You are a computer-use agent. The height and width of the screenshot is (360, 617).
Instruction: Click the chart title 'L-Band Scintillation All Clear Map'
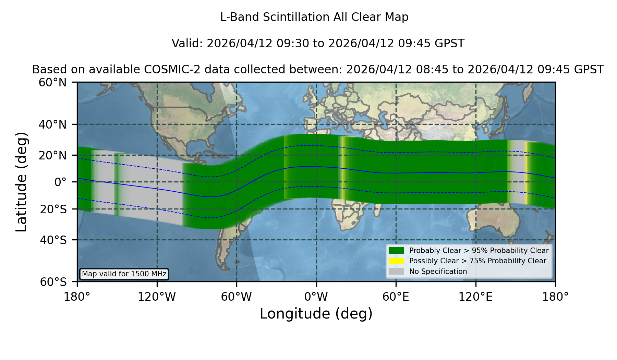tap(314, 17)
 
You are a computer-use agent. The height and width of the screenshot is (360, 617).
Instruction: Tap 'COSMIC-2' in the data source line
tap(167, 70)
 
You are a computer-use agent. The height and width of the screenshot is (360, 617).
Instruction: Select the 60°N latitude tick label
tap(53, 82)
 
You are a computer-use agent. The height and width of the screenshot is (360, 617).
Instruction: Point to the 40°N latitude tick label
tap(53, 124)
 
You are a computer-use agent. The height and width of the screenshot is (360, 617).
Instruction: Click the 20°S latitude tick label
tap(53, 209)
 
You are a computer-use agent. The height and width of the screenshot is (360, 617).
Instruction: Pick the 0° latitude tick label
tap(60, 182)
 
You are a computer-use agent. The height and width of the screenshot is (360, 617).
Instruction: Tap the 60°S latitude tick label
tap(53, 282)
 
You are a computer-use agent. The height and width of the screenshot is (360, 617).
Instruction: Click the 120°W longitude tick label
tap(157, 297)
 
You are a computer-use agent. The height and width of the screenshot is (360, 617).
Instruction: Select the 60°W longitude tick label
tap(237, 297)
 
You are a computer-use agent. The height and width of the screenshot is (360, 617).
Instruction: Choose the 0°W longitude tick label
tap(316, 297)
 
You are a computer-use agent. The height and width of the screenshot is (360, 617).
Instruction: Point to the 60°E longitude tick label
tap(396, 297)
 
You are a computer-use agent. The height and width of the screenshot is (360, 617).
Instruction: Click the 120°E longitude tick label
tap(476, 297)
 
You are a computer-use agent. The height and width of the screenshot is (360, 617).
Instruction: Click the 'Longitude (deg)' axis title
tap(316, 314)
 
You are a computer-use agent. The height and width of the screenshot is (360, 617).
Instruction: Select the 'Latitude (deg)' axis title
tap(21, 182)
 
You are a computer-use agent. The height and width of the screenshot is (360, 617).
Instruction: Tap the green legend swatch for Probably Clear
tap(396, 251)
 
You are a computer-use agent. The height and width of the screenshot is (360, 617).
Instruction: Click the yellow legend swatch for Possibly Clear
tap(396, 261)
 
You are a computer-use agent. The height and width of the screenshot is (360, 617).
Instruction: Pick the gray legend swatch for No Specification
tap(396, 272)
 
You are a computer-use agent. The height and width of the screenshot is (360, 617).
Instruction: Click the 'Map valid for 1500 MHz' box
tap(124, 274)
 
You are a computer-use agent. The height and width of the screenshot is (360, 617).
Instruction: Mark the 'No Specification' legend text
tap(438, 272)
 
